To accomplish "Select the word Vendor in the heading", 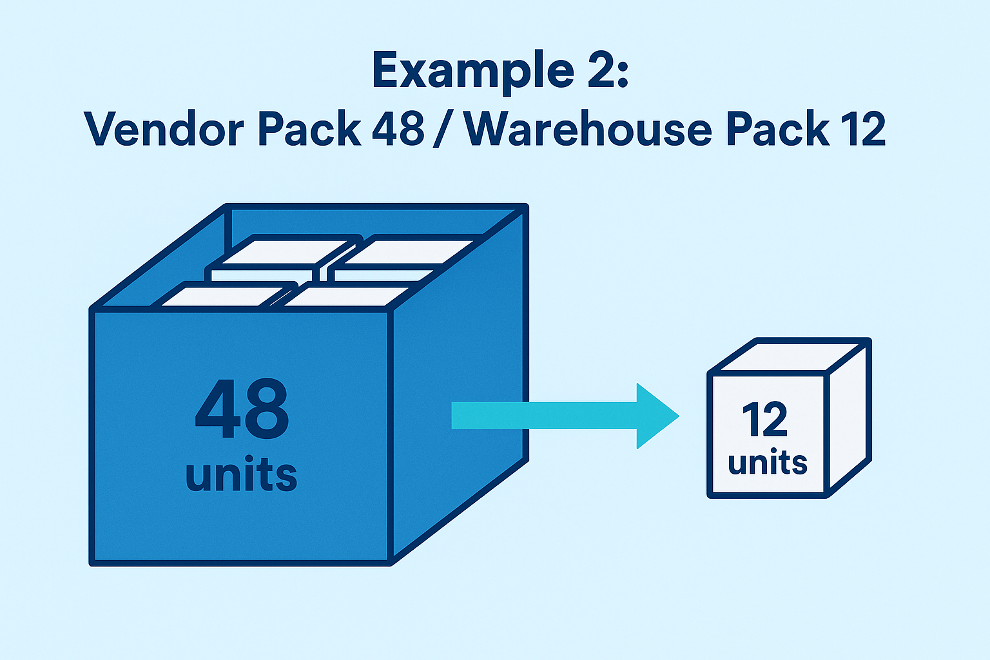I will pyautogui.click(x=164, y=129).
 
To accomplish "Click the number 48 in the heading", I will pyautogui.click(x=398, y=129).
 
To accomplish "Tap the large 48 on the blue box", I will pyautogui.click(x=242, y=409).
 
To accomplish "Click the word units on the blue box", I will pyautogui.click(x=241, y=475).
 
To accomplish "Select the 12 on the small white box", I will pyautogui.click(x=765, y=420).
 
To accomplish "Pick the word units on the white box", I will pyautogui.click(x=767, y=463).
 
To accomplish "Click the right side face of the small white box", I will pyautogui.click(x=849, y=419).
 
